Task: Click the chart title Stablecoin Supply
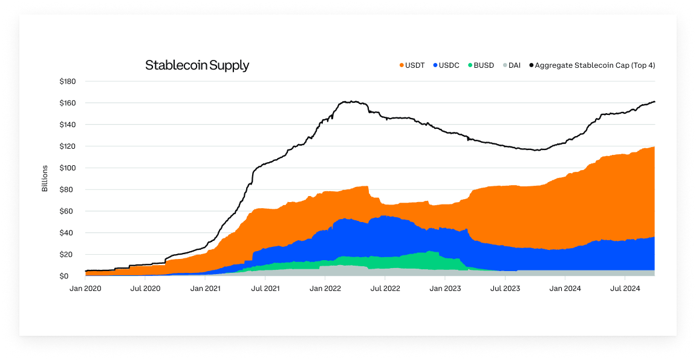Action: (197, 65)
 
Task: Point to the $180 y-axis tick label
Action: (68, 81)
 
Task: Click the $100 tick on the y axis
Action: (68, 168)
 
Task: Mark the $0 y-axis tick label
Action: (72, 276)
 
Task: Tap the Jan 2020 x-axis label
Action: (85, 289)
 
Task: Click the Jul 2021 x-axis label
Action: (265, 289)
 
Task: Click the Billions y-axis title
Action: (45, 178)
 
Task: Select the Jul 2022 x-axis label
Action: (385, 289)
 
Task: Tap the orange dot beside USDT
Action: (402, 65)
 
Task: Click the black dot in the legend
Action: (532, 65)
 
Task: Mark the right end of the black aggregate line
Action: (655, 102)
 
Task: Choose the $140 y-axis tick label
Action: (68, 125)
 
